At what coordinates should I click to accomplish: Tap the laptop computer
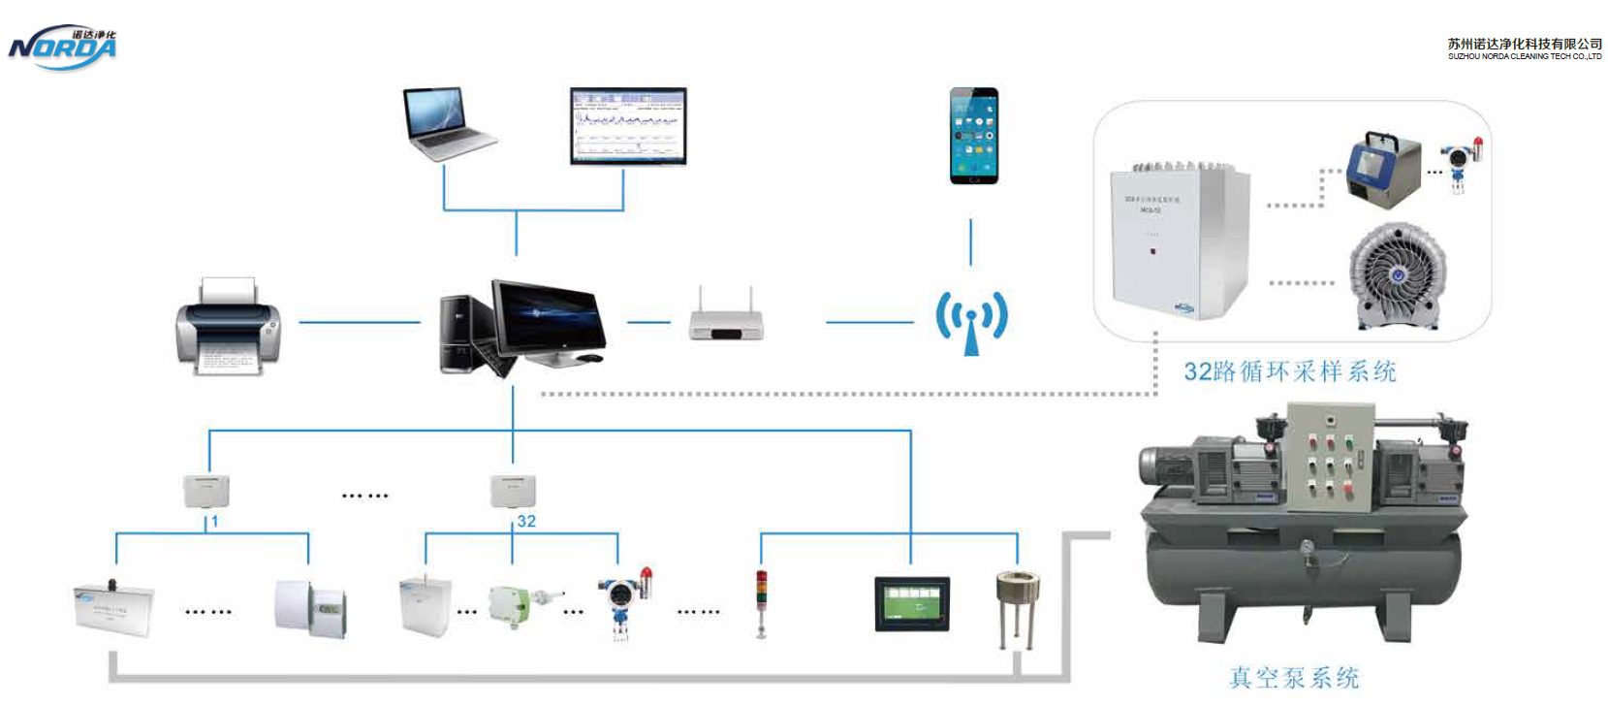coord(448,122)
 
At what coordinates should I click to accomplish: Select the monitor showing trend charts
coord(628,126)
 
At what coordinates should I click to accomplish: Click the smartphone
coord(973,136)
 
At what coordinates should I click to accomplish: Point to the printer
coord(228,327)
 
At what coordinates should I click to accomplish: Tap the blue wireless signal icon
coord(971,321)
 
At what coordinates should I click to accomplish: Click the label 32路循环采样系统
coord(1289,371)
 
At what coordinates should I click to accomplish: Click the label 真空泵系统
coord(1294,677)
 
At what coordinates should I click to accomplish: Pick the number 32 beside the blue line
coord(526,521)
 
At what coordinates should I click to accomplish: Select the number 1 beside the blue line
coord(214,521)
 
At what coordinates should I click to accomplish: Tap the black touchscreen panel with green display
coord(911,603)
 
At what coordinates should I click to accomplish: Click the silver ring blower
coord(1397,276)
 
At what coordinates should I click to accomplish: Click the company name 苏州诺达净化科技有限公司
coord(1524,44)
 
